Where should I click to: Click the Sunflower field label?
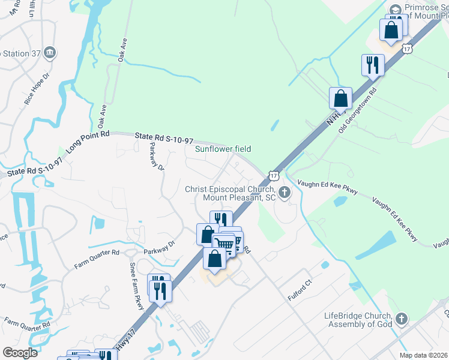tap(222, 149)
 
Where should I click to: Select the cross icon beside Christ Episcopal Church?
tap(285, 193)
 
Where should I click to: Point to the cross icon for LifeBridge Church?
tap(402, 319)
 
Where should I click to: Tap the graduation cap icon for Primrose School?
tap(395, 10)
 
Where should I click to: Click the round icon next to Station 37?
tap(50, 53)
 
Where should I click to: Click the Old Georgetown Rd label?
tap(357, 113)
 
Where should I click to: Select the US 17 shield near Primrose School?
tap(408, 47)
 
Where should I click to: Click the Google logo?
tap(19, 353)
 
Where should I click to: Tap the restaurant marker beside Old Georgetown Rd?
tap(372, 65)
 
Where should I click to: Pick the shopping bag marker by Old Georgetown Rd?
tap(340, 98)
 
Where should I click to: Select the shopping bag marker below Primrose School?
tap(391, 30)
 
